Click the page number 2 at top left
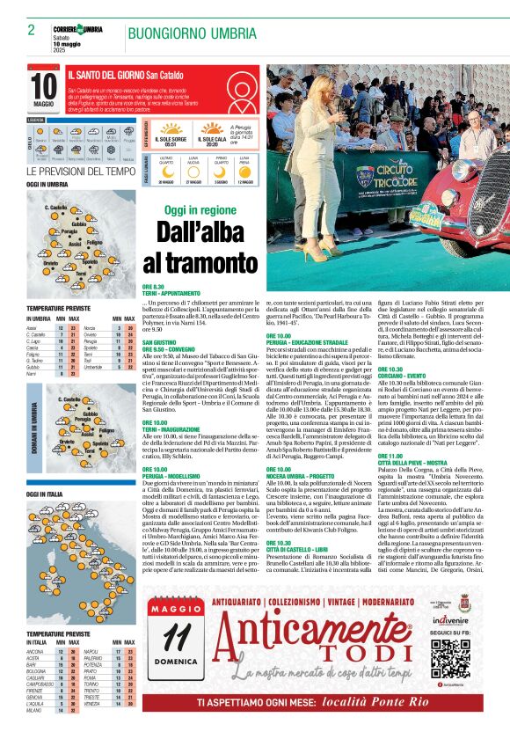pyautogui.click(x=31, y=31)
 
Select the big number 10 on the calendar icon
pyautogui.click(x=43, y=87)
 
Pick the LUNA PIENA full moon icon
pyautogui.click(x=247, y=172)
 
